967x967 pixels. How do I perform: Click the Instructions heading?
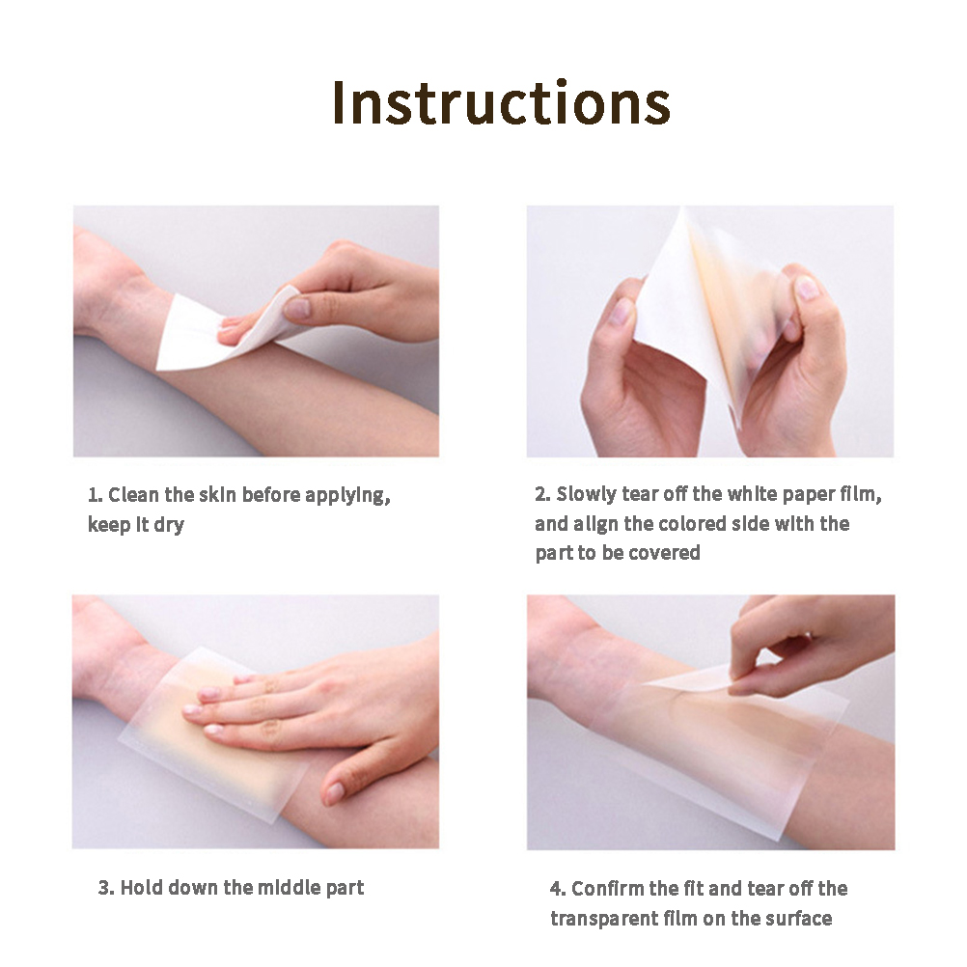tap(501, 102)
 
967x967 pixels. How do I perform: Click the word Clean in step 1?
tap(133, 495)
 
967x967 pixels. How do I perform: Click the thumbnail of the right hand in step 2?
tap(806, 288)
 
